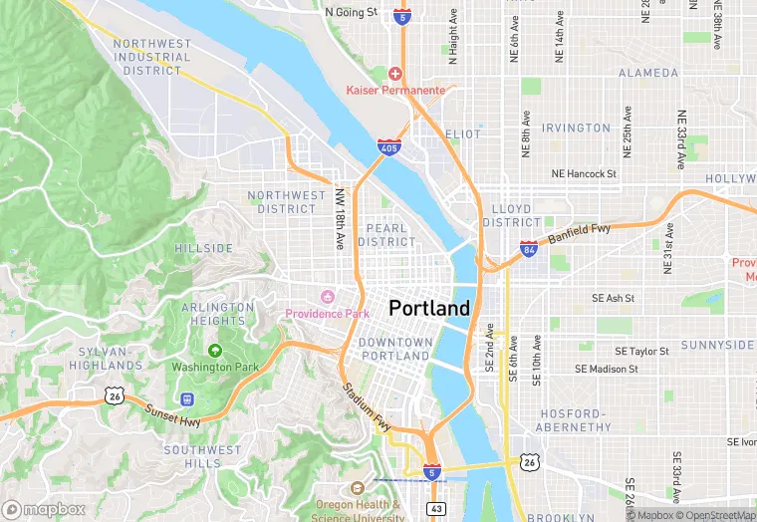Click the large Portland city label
click(x=429, y=309)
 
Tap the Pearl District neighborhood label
click(x=386, y=235)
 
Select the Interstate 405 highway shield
click(x=389, y=148)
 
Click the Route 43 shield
click(x=436, y=508)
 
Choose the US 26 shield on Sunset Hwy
click(x=116, y=396)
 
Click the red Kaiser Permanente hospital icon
click(x=395, y=74)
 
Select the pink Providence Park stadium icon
click(x=326, y=297)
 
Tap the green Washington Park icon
click(x=215, y=351)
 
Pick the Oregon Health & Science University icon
click(x=357, y=488)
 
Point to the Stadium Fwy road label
click(x=368, y=406)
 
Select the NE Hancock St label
click(x=585, y=174)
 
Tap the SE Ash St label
click(x=613, y=298)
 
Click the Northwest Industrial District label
click(x=151, y=57)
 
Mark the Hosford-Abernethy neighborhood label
click(x=573, y=421)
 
